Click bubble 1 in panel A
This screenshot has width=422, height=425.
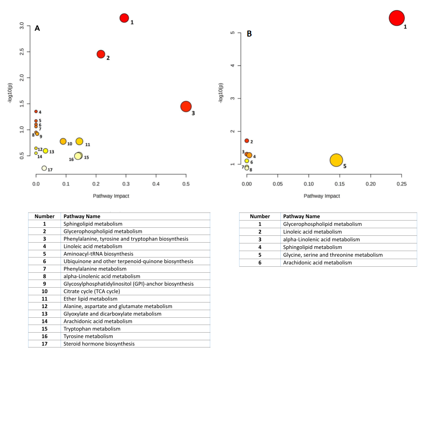[124, 18]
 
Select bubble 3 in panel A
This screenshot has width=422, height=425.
[186, 106]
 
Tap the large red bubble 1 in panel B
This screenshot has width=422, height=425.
[397, 18]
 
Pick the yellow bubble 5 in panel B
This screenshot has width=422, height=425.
[336, 160]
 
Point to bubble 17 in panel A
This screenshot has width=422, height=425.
[44, 168]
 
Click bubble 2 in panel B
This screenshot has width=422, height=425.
[247, 141]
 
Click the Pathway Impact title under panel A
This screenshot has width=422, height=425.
[111, 196]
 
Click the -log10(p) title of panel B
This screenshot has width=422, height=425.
[221, 93]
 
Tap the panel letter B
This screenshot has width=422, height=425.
[249, 34]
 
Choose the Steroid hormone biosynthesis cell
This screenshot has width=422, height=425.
[99, 344]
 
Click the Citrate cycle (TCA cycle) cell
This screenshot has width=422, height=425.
[92, 291]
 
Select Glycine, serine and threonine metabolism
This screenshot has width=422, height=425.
[333, 255]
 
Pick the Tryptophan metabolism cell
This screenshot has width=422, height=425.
[92, 329]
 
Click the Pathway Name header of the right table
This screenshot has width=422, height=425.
[302, 216]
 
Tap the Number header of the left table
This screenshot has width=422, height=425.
[45, 216]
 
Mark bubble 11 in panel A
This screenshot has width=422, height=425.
[79, 141]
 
